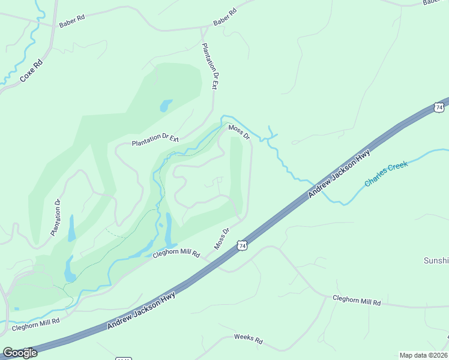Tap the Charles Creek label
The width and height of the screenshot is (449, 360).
(386, 173)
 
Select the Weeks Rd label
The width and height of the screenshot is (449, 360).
(248, 339)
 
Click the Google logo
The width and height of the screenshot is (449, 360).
(19, 353)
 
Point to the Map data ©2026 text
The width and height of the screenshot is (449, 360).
(423, 355)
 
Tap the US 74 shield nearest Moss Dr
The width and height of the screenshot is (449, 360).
(241, 245)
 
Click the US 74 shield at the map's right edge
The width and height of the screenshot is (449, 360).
(439, 107)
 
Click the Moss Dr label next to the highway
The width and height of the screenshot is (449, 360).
(222, 238)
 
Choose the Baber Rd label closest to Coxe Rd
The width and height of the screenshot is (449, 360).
(72, 25)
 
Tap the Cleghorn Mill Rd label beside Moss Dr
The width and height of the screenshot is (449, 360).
(175, 254)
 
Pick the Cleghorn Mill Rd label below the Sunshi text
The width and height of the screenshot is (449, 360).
(357, 301)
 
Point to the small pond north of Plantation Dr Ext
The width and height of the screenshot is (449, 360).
(166, 106)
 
